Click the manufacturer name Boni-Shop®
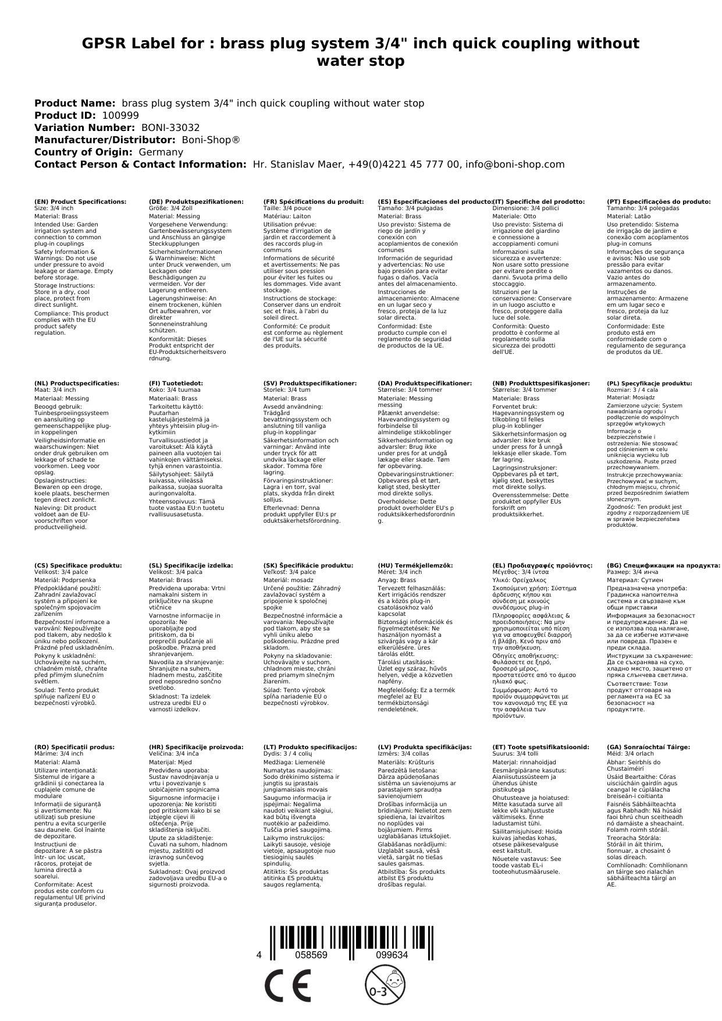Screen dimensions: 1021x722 tap(211, 140)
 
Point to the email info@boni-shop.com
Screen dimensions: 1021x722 tap(516, 164)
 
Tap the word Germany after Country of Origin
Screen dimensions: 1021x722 tap(161, 152)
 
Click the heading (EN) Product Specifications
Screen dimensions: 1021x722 tap(80, 201)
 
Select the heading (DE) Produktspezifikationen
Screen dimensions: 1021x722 tap(196, 201)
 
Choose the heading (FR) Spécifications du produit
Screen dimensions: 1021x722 tap(314, 201)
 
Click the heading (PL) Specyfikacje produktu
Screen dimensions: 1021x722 tap(649, 384)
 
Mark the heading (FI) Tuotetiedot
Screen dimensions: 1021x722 tap(176, 384)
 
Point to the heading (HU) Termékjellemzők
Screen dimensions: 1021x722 tap(415, 565)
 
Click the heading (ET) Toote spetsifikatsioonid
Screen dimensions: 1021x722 tap(540, 747)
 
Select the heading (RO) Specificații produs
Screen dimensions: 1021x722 tap(74, 747)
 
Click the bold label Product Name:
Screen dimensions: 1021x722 tap(74, 103)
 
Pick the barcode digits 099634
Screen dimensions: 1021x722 tap(392, 955)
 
